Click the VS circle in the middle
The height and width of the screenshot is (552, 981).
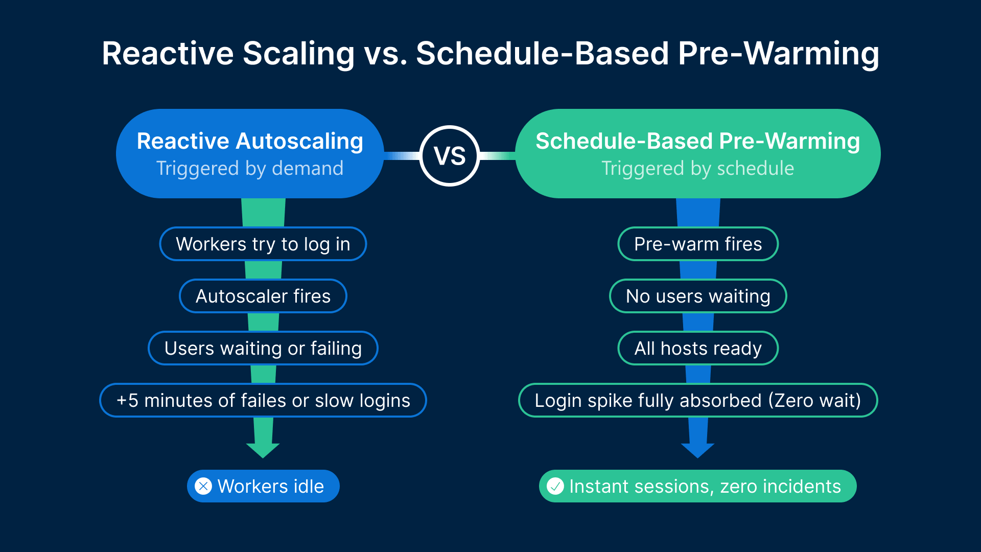tap(450, 156)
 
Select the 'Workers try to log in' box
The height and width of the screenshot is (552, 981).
tap(263, 244)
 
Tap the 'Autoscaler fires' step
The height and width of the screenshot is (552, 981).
tap(263, 296)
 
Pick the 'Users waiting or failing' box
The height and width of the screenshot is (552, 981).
tap(263, 349)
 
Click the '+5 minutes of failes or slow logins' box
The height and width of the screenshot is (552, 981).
tap(263, 401)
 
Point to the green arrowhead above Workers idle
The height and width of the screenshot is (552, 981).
tap(263, 450)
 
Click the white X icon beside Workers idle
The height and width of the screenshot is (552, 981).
tap(203, 486)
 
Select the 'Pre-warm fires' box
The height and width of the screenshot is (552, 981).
tap(698, 244)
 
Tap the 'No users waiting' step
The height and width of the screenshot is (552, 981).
tap(698, 296)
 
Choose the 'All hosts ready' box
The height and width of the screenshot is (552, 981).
tap(698, 349)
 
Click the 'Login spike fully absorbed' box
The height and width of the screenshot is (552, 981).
tap(698, 401)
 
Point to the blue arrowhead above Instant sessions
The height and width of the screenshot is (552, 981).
tap(697, 450)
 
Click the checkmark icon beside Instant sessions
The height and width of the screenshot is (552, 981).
tap(555, 486)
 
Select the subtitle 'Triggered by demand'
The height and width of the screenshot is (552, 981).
tap(250, 168)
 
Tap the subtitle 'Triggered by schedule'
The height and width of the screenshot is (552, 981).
tap(697, 168)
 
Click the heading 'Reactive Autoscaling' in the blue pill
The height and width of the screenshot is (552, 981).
tap(250, 141)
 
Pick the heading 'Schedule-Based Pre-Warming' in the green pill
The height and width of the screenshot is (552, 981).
tap(697, 141)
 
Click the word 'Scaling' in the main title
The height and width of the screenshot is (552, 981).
tap(298, 54)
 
